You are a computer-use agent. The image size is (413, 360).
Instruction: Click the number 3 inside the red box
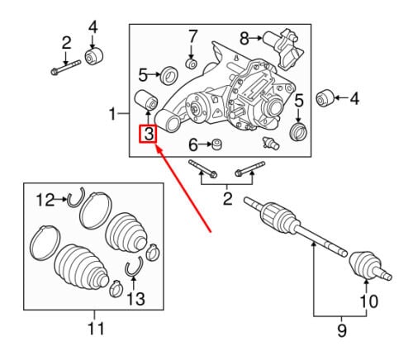[148, 134]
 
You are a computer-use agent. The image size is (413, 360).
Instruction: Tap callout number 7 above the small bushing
[192, 36]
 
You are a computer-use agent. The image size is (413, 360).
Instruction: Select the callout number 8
[244, 38]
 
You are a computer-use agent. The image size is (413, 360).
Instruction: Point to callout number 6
[193, 144]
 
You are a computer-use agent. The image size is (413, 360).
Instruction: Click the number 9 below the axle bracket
[342, 330]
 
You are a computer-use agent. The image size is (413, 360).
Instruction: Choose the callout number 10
[369, 301]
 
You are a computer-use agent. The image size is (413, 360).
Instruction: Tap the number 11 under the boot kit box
[96, 329]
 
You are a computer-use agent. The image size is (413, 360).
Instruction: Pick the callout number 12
[45, 200]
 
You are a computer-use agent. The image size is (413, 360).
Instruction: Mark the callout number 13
[135, 299]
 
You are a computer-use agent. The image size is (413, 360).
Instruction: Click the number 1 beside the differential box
[112, 114]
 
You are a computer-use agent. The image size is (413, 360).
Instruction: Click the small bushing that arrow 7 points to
[191, 64]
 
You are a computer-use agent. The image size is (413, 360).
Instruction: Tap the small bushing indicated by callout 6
[217, 144]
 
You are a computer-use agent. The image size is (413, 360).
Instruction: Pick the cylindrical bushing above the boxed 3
[145, 99]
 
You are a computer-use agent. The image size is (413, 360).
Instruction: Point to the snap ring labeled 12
[76, 197]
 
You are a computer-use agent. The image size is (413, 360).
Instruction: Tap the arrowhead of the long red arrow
[157, 148]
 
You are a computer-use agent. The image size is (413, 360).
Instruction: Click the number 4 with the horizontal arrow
[354, 98]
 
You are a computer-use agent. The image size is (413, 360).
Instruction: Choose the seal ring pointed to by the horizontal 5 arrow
[169, 75]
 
